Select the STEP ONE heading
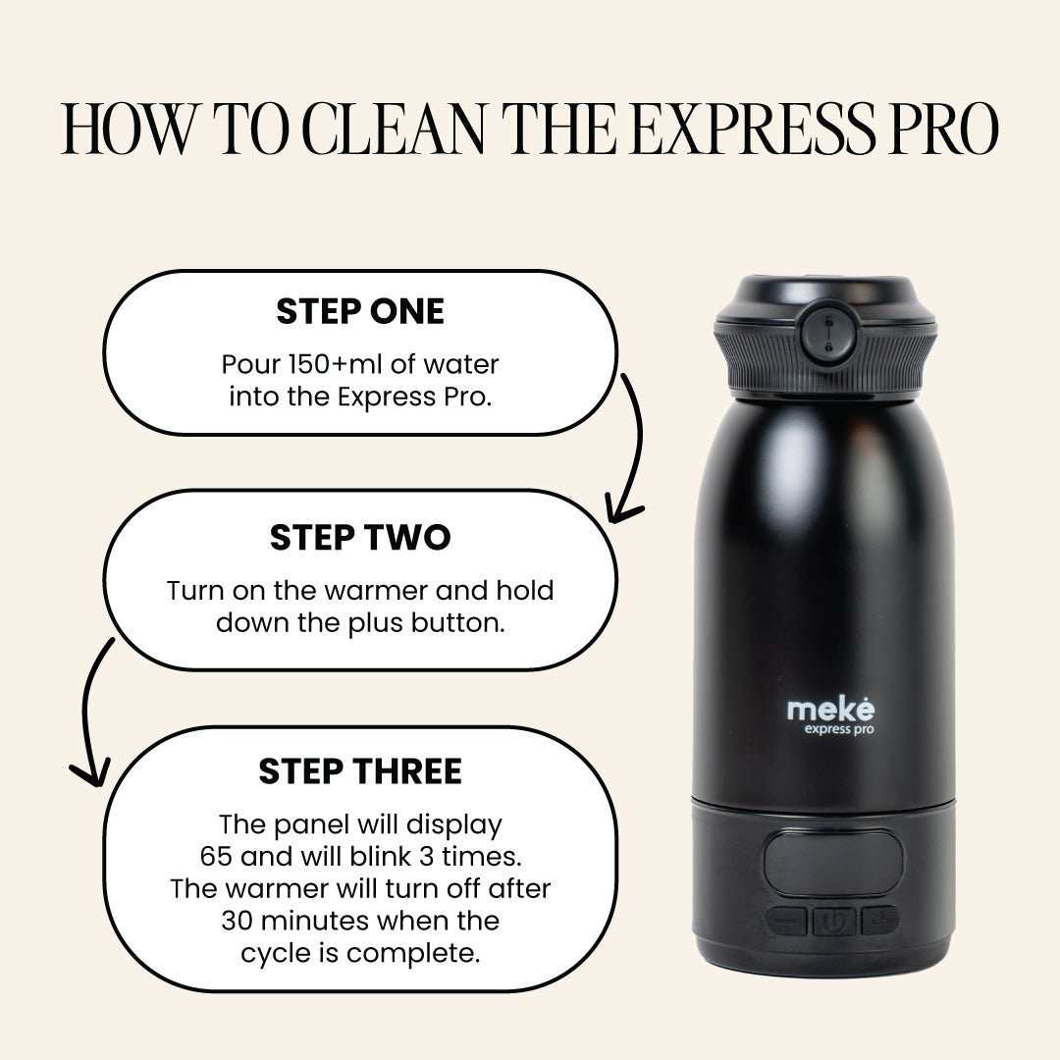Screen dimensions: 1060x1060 click(360, 312)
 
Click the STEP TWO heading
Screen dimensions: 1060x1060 click(360, 538)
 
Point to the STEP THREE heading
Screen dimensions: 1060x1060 click(360, 771)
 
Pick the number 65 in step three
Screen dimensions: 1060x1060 click(217, 856)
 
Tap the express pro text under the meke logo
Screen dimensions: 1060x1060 click(839, 729)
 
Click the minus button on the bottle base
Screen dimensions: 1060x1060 click(787, 921)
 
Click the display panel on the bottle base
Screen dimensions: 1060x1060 click(833, 863)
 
